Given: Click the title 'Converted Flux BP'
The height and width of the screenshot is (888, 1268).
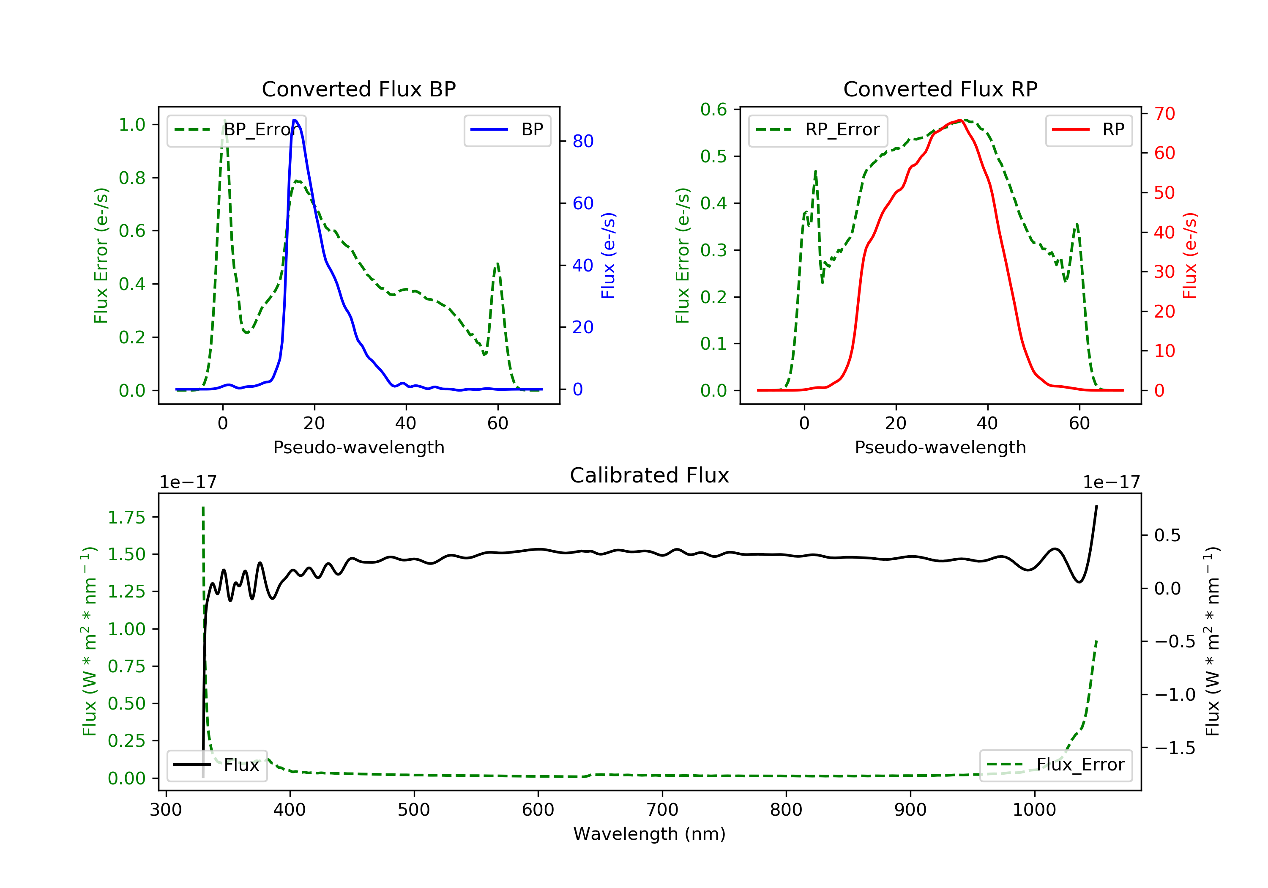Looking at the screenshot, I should pyautogui.click(x=358, y=89).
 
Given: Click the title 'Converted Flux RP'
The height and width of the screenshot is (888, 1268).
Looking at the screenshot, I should pyautogui.click(x=940, y=89).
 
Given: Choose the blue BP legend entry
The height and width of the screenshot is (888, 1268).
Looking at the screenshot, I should pyautogui.click(x=507, y=130).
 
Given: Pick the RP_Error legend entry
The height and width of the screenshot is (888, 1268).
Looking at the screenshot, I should pyautogui.click(x=818, y=130).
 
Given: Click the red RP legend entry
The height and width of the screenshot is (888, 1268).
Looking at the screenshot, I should pyautogui.click(x=1088, y=130).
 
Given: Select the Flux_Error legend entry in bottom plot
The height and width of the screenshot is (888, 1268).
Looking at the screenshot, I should pyautogui.click(x=1055, y=765).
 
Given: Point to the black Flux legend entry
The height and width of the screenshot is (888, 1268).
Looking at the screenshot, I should pyautogui.click(x=217, y=765).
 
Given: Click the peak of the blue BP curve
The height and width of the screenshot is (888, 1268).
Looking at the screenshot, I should pyautogui.click(x=295, y=120).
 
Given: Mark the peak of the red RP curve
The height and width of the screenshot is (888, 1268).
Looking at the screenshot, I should pyautogui.click(x=961, y=120).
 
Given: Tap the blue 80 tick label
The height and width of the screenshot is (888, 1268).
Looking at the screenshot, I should pyautogui.click(x=582, y=142).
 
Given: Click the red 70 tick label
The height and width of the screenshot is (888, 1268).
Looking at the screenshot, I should pyautogui.click(x=1164, y=114).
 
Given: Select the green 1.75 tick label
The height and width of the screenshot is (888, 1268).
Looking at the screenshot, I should pyautogui.click(x=126, y=518).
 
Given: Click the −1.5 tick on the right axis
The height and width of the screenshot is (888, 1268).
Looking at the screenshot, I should pyautogui.click(x=1174, y=748).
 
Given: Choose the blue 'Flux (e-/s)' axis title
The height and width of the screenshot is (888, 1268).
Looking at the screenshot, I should pyautogui.click(x=608, y=256).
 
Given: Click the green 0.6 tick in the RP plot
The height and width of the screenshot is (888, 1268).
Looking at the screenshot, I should pyautogui.click(x=713, y=110).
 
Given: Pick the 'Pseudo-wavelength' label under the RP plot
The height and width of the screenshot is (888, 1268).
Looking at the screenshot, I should pyautogui.click(x=940, y=447).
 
